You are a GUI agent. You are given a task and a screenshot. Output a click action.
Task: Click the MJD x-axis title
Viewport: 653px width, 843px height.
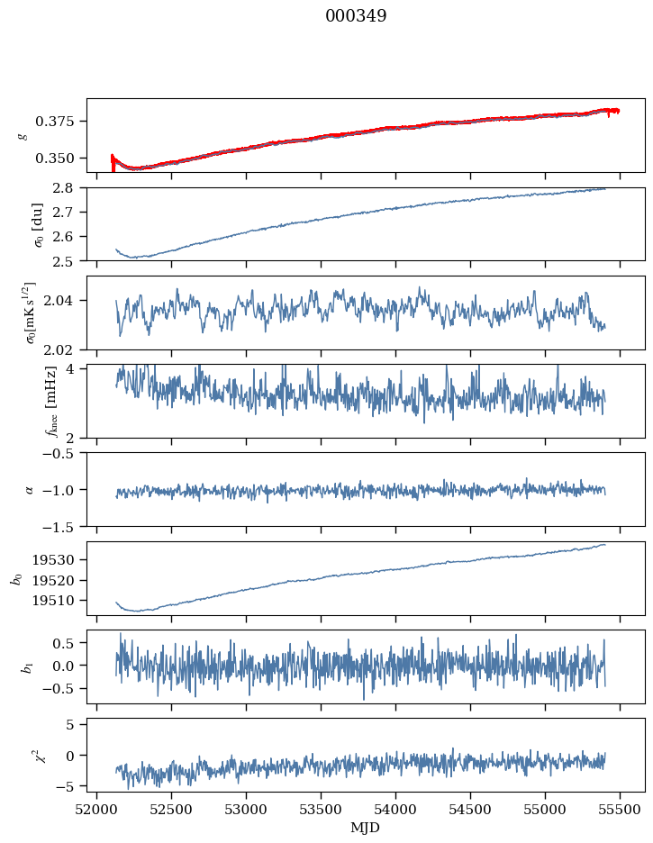365,828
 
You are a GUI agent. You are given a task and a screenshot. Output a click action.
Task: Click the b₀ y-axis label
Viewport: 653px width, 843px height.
16,578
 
